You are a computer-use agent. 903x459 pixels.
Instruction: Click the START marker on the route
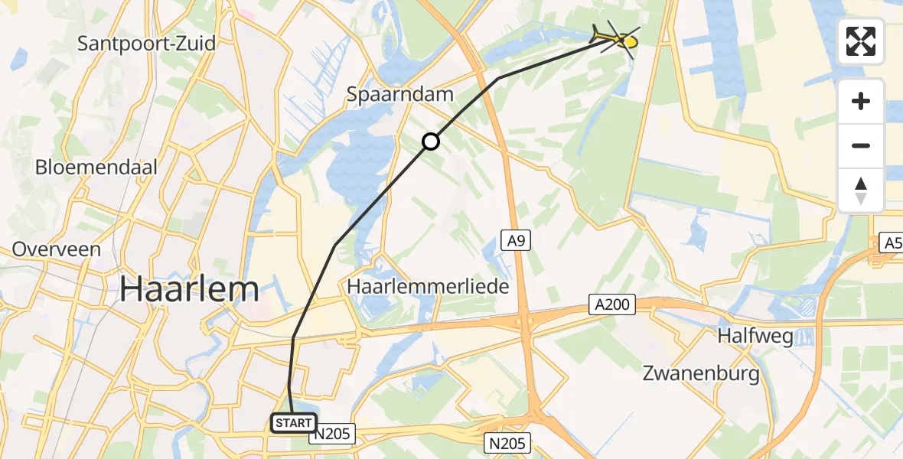click(293, 423)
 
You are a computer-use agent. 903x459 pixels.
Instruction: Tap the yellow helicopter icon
click(616, 37)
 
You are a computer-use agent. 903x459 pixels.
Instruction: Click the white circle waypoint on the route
click(431, 141)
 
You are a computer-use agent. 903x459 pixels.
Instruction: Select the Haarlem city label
click(190, 289)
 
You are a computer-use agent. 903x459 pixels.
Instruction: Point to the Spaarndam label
click(400, 94)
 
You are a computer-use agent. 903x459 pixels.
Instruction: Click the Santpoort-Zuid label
click(147, 43)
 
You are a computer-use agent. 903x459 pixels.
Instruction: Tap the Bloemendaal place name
click(96, 167)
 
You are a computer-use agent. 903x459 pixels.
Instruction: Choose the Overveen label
click(57, 249)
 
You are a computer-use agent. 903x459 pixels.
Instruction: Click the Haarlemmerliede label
click(428, 286)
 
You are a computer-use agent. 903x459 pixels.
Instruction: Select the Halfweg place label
click(755, 336)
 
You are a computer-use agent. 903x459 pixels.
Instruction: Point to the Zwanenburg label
click(701, 374)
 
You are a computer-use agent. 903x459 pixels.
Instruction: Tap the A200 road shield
click(611, 305)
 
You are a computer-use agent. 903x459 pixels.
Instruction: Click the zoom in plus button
click(861, 101)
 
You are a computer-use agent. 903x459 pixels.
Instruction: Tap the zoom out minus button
click(861, 145)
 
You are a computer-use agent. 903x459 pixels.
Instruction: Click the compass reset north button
click(861, 190)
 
